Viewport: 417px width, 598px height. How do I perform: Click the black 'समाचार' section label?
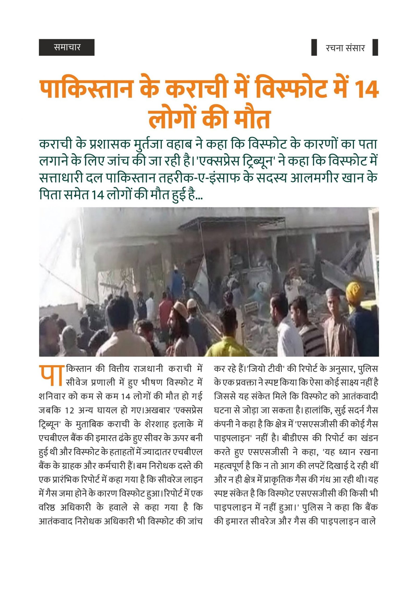pyautogui.click(x=67, y=47)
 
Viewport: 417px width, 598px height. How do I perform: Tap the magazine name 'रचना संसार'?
pyautogui.click(x=345, y=48)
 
